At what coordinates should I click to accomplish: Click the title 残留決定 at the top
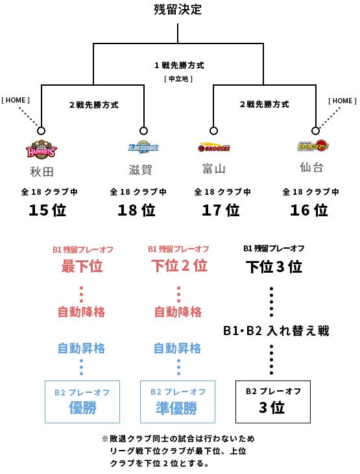point(178,9)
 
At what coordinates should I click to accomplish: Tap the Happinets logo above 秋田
point(41,149)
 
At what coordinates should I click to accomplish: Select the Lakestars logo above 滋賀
point(143,147)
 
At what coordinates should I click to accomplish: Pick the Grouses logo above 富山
point(214,147)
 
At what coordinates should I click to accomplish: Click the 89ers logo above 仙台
point(313,145)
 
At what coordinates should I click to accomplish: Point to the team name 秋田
point(42,171)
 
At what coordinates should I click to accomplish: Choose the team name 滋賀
point(141,169)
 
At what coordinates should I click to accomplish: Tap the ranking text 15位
point(47,210)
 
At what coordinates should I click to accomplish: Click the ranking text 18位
point(136,210)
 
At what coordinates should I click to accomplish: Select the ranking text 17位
point(221,210)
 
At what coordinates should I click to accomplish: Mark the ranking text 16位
point(309,210)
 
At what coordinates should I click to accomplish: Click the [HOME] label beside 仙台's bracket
point(342,101)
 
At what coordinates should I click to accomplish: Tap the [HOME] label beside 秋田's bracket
point(16,100)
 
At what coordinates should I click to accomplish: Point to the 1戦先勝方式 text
point(180,66)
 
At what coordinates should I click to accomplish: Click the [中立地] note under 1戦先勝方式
point(178,79)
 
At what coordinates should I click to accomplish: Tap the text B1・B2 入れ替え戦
point(276,331)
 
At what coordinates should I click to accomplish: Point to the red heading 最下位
point(82,266)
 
